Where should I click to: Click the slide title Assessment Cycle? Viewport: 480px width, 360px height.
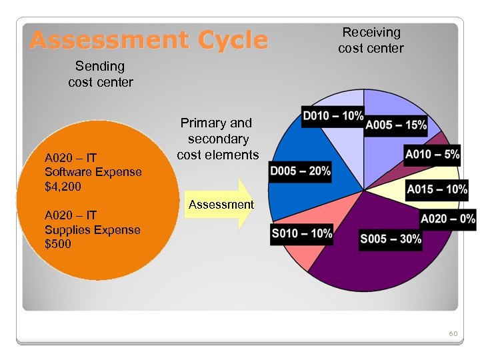149,41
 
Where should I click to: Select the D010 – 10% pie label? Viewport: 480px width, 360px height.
333,115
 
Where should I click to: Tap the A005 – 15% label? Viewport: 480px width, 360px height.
396,125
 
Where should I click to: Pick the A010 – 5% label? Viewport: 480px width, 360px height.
432,154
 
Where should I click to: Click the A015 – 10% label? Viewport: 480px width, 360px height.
437,189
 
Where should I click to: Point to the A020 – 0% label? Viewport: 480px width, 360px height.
447,219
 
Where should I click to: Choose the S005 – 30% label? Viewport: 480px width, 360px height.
391,239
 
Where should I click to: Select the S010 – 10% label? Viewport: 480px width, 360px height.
301,234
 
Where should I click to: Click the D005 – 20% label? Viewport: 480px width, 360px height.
300,171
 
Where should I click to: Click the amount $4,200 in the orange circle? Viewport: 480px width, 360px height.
63,187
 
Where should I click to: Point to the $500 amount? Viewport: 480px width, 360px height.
57,244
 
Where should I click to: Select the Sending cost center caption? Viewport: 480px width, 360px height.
100,74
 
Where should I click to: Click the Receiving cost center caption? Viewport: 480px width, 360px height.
371,40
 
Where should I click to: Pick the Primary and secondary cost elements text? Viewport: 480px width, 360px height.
217,139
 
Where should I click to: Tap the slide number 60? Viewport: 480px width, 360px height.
453,333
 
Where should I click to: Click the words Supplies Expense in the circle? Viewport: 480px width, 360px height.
92,230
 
